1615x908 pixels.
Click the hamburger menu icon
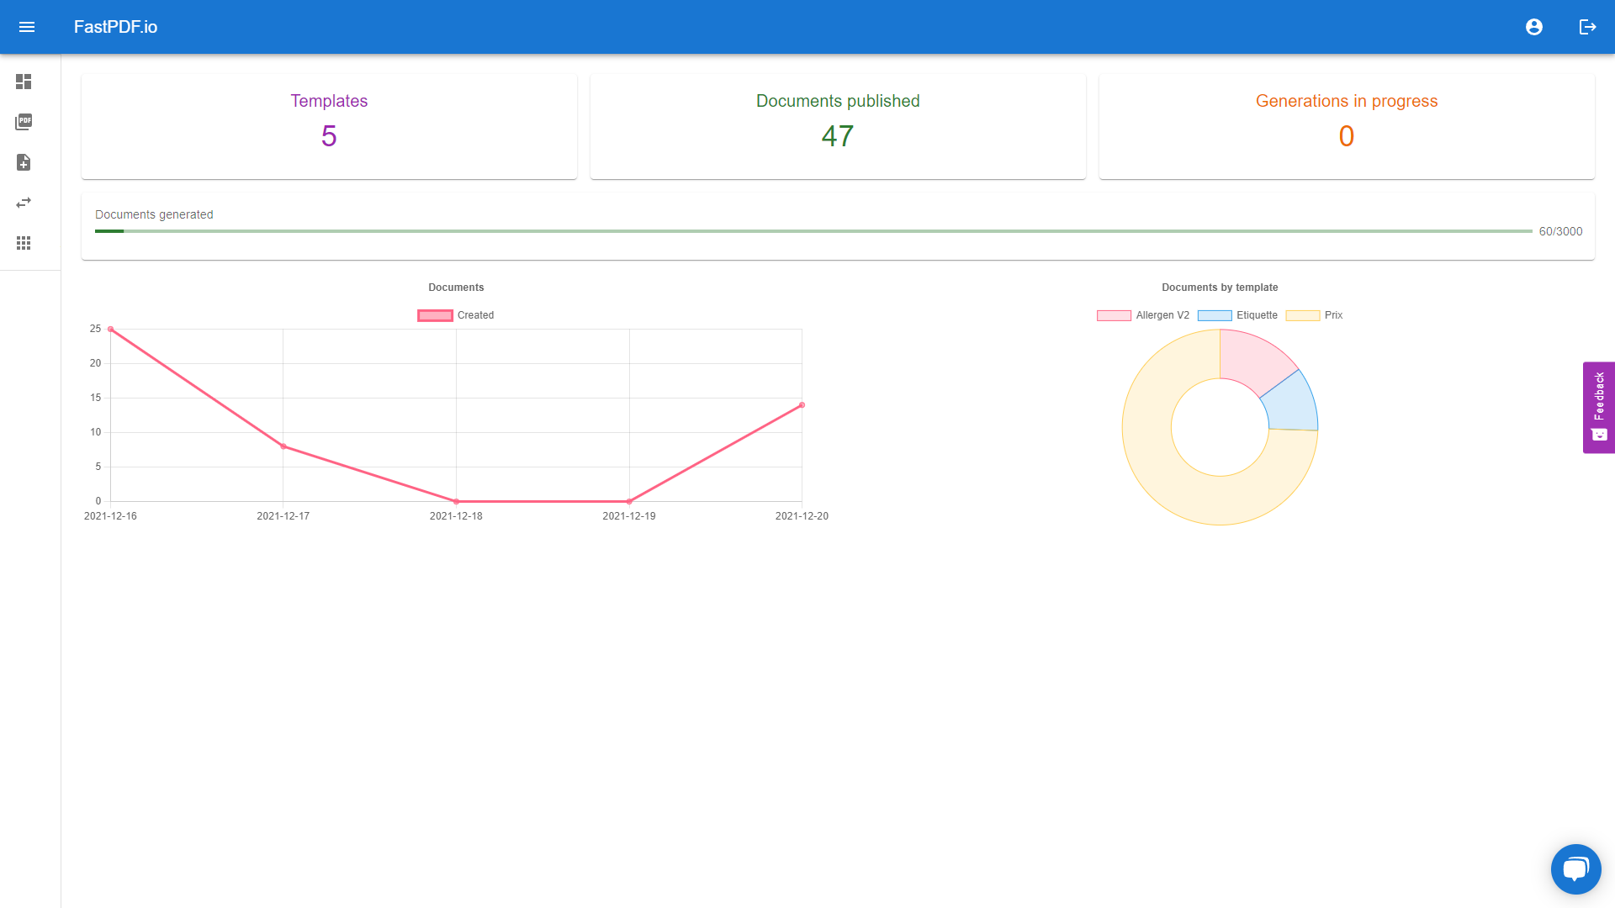(x=27, y=27)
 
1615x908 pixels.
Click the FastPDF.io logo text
(x=115, y=27)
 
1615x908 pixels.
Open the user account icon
(x=1534, y=27)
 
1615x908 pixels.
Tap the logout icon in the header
(x=1587, y=27)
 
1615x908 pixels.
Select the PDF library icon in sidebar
(x=24, y=122)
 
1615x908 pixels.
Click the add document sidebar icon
(x=24, y=162)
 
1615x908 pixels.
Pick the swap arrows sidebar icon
(x=24, y=203)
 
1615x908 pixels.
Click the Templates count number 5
(x=329, y=136)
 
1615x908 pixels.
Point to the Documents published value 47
(x=838, y=136)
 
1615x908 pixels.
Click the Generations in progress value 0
(x=1347, y=136)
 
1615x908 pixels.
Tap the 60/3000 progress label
(x=1560, y=231)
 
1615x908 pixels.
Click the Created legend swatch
(x=435, y=315)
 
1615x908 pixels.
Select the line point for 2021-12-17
(x=283, y=446)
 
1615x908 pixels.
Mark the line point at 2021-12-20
(x=802, y=405)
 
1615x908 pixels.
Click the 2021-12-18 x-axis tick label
(x=456, y=516)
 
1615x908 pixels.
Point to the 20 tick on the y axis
(x=96, y=363)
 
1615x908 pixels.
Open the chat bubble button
(x=1575, y=868)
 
